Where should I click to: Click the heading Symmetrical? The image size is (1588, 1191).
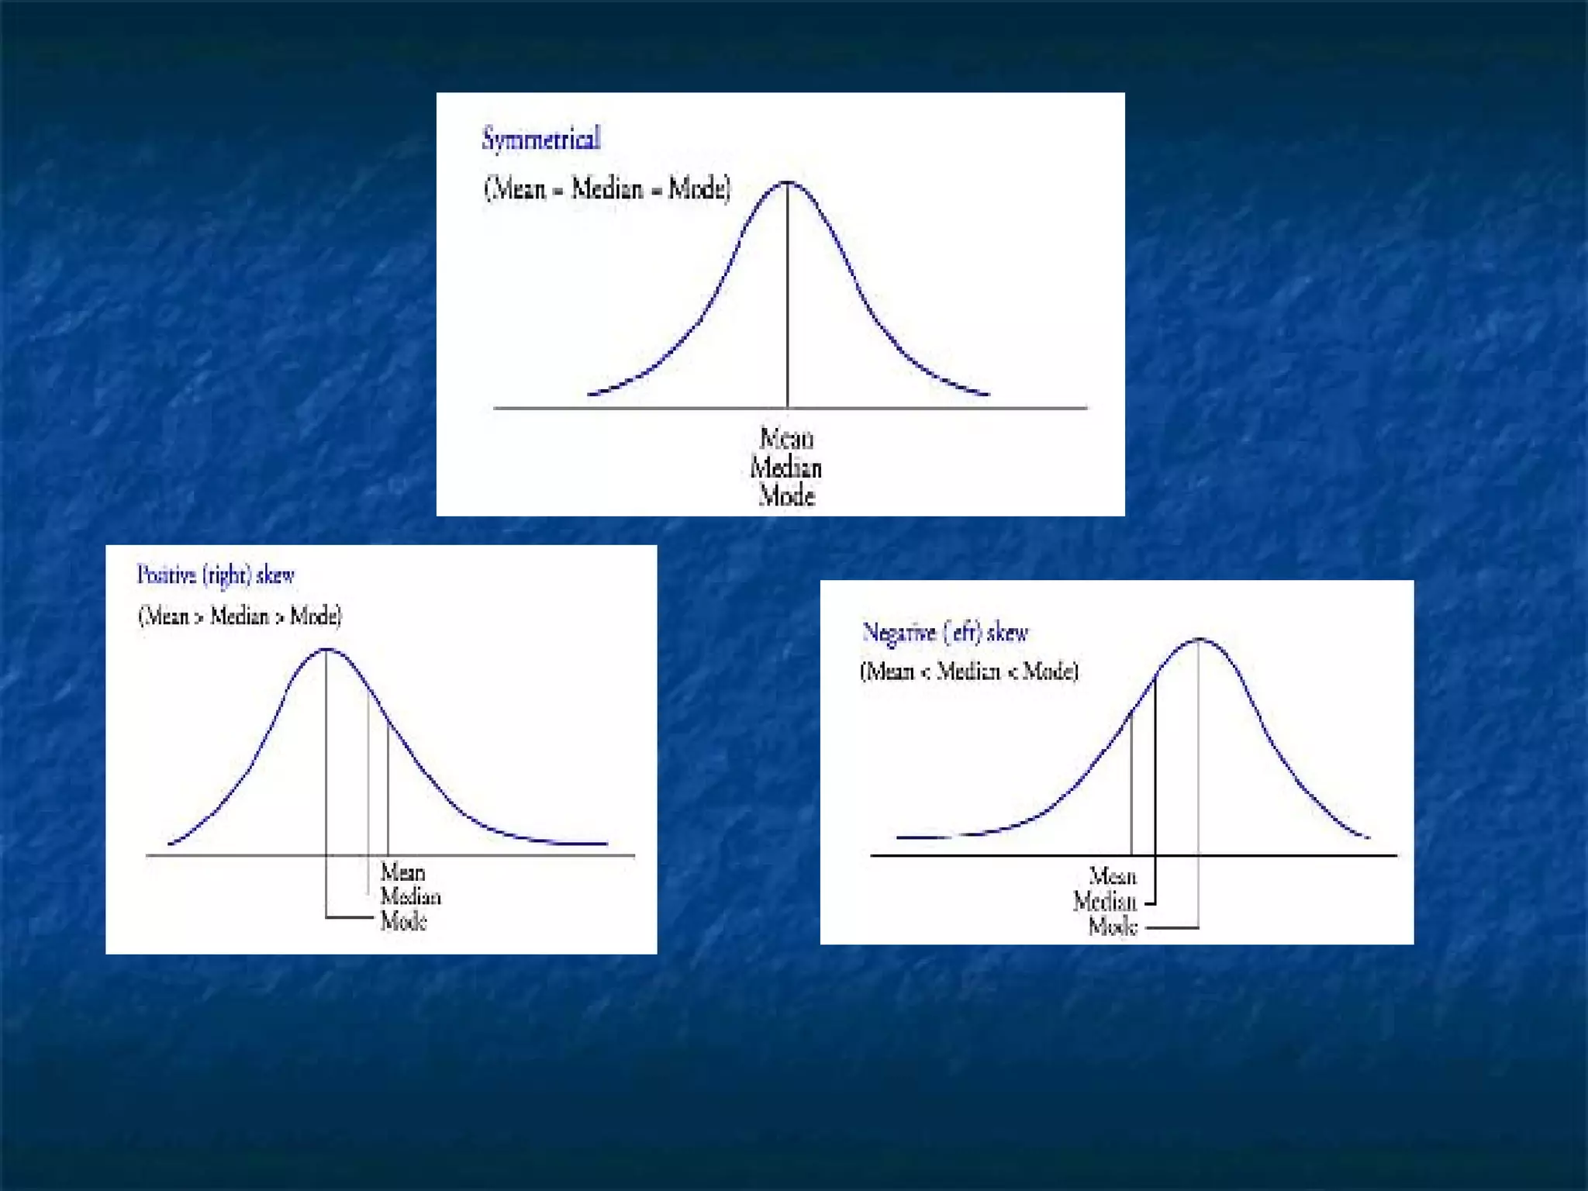coord(541,140)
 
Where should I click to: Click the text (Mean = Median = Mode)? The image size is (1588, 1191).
coord(607,188)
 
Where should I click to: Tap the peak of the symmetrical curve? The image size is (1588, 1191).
coord(788,183)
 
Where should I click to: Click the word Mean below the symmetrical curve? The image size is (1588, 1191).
coord(786,439)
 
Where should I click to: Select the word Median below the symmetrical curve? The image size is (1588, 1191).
coord(786,468)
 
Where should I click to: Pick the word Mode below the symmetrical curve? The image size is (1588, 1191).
coord(786,495)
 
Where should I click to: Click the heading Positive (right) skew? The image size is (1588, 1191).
coord(216,575)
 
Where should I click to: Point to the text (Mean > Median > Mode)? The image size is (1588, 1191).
coord(240,616)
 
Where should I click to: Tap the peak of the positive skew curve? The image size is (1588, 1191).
coord(326,650)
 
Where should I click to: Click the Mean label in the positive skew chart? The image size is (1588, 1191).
coord(402,872)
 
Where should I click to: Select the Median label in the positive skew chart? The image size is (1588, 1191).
coord(410,897)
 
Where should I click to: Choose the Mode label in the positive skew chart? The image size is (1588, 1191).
coord(403,922)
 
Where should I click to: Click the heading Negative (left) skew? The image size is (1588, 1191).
coord(945,633)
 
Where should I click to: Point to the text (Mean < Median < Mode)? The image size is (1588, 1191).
coord(969,671)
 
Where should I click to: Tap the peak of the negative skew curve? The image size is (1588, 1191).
coord(1199,640)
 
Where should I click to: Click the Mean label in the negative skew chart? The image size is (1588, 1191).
coord(1113,877)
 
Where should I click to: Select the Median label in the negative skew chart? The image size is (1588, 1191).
coord(1105,902)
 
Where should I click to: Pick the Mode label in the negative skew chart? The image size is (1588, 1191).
coord(1113,927)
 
